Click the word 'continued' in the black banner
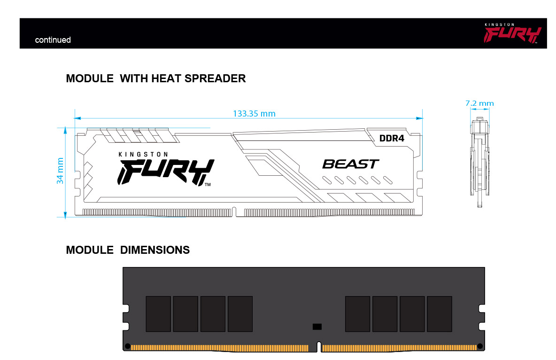(53, 40)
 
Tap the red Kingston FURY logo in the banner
(512, 33)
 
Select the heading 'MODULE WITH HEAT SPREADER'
(155, 78)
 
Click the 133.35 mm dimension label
(254, 114)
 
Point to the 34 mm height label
(60, 171)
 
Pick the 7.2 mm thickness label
(479, 103)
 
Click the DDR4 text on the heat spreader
(392, 138)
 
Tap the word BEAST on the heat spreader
(351, 164)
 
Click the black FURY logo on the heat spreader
(166, 172)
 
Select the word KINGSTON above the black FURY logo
(143, 155)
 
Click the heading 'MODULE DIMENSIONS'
(128, 250)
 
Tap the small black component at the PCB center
(317, 327)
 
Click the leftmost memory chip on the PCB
(158, 314)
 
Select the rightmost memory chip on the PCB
(440, 314)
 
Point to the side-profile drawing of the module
(480, 162)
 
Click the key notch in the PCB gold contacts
(319, 347)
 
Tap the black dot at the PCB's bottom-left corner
(128, 346)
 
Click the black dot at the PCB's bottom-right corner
(480, 346)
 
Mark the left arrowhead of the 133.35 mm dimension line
(77, 118)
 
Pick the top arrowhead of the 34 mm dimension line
(65, 131)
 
